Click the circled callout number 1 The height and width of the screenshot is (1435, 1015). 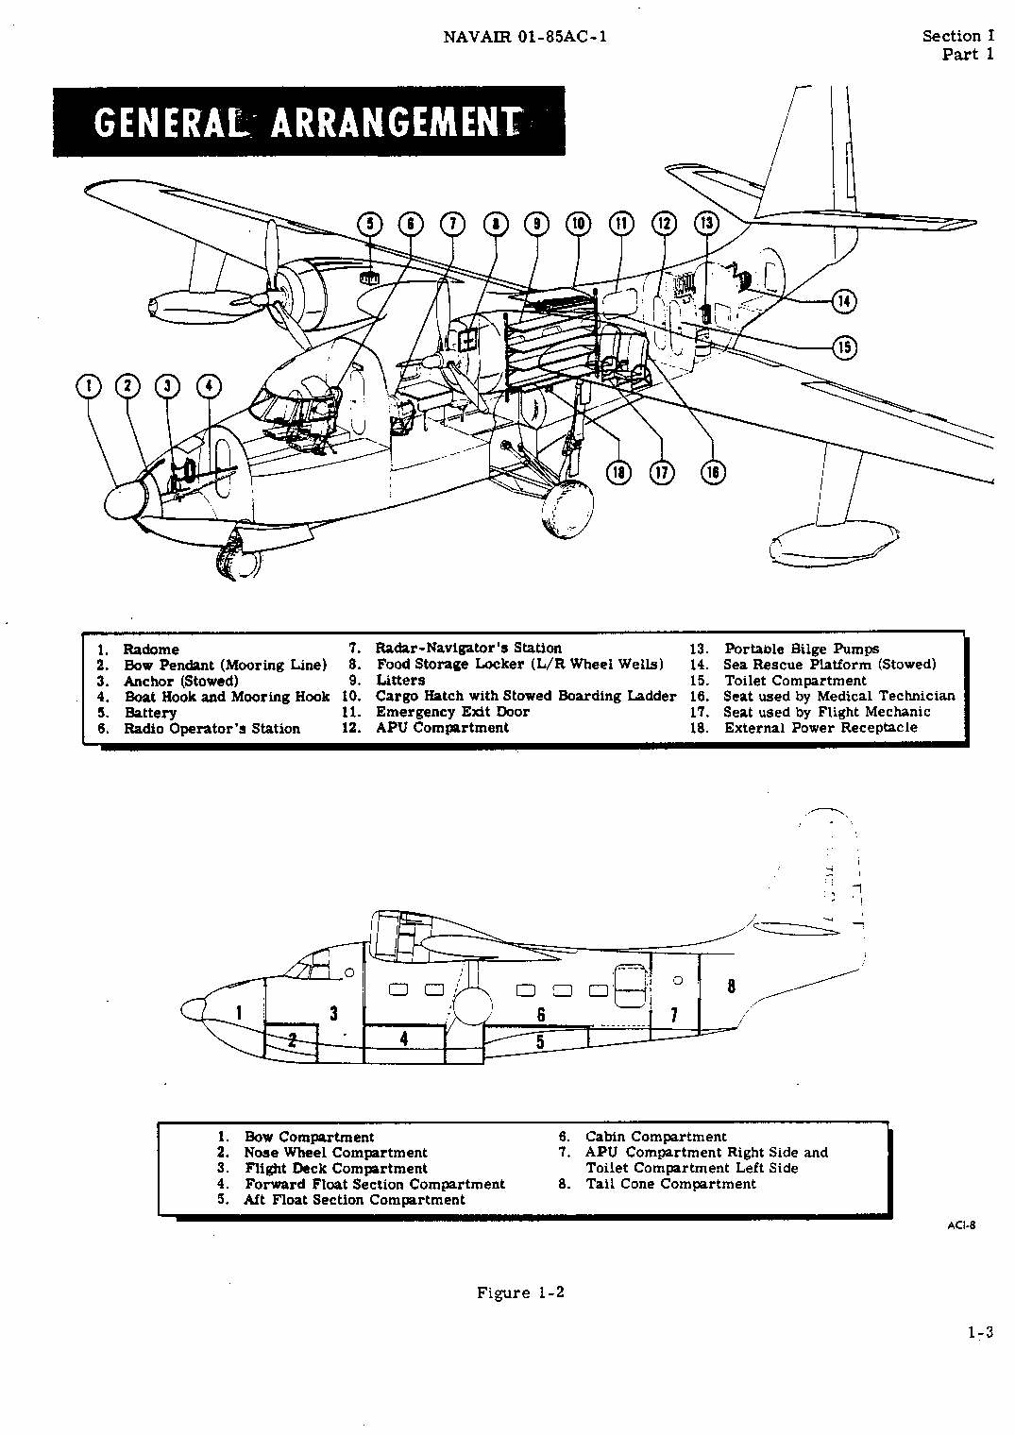click(89, 385)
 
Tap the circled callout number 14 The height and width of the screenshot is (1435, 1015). click(843, 301)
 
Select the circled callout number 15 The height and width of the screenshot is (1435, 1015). click(844, 346)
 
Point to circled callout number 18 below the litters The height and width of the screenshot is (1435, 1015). click(618, 471)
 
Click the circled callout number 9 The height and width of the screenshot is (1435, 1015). click(536, 224)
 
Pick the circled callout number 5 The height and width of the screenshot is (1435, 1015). click(370, 224)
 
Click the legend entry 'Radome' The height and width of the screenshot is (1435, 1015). click(150, 650)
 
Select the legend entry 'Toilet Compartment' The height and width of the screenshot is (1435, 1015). click(794, 681)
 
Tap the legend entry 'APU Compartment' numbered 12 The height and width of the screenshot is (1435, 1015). click(442, 728)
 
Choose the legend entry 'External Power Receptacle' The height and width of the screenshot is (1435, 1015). click(820, 728)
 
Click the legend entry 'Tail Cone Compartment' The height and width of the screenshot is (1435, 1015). click(670, 1184)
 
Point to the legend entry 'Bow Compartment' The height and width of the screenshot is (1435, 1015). click(309, 1137)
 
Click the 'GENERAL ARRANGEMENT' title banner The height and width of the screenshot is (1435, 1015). click(309, 122)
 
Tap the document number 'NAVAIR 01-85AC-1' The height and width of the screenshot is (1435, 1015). click(526, 37)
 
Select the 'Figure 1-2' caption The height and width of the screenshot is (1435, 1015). click(520, 1292)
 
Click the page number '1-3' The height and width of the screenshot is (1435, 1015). click(980, 1333)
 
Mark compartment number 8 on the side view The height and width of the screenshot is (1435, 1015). click(731, 986)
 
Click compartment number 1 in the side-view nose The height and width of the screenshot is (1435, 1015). click(239, 1013)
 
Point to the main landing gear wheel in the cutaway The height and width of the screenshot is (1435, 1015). click(567, 510)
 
